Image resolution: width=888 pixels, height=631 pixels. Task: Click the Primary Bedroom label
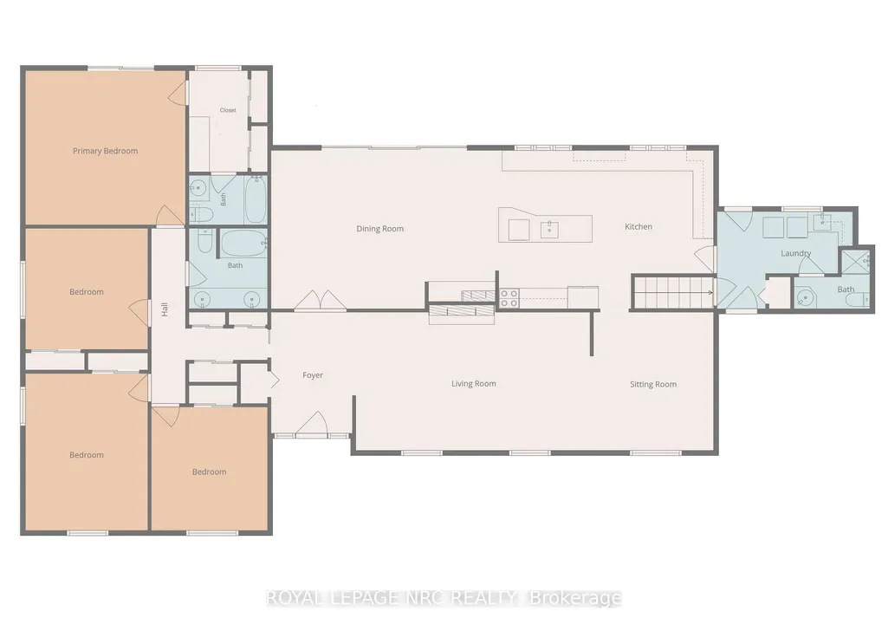(106, 151)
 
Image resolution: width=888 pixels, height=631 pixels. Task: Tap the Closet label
(228, 110)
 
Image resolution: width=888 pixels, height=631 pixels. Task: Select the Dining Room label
(380, 229)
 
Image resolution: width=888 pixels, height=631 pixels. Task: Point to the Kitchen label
(638, 226)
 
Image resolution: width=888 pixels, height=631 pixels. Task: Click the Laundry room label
(795, 253)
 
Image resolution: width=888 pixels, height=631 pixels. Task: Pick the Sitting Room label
(653, 384)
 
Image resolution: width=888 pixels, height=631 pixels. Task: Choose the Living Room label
(473, 383)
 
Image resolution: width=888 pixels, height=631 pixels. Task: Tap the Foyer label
(313, 375)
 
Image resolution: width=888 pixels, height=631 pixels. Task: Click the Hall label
(165, 309)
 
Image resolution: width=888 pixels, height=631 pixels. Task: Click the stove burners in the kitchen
(509, 298)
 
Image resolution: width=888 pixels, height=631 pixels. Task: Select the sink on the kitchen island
(548, 230)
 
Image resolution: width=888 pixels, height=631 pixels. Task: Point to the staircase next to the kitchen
(673, 292)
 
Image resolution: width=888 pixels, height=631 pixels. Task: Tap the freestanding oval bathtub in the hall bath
(243, 243)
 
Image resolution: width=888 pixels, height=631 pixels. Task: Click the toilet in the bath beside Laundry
(860, 299)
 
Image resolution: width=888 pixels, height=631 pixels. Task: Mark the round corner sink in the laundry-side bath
(804, 297)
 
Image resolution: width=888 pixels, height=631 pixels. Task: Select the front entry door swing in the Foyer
(312, 424)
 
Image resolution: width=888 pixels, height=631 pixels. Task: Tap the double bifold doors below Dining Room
(320, 300)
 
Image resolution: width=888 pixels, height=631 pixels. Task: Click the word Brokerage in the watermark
(575, 598)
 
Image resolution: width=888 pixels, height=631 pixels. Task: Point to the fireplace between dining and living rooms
(462, 310)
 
